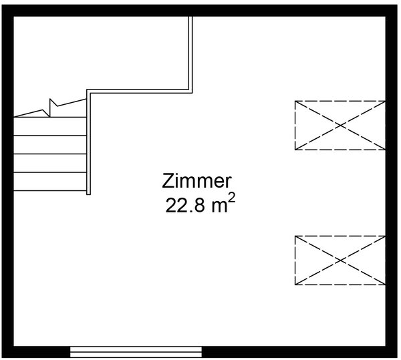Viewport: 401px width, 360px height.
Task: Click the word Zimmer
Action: pos(196,181)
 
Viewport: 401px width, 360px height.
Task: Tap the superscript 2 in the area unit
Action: pos(231,198)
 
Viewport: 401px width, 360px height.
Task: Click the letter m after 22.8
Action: pos(219,207)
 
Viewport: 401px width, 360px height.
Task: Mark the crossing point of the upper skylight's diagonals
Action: pos(340,125)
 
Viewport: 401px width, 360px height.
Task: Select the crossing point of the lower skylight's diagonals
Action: pos(340,260)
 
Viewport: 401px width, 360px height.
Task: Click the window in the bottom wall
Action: pos(136,351)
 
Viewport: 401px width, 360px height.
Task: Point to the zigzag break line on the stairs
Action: pos(50,108)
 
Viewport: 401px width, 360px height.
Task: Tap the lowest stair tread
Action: pos(50,182)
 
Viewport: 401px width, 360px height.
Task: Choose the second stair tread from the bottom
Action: pos(50,163)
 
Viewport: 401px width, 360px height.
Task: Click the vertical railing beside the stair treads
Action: pos(88,142)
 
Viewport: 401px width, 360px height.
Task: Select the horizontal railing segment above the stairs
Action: pos(140,92)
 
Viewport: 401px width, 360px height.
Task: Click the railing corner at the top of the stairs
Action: pos(88,92)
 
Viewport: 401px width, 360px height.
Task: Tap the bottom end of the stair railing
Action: pos(88,194)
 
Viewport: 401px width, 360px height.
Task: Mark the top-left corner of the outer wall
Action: pos(2,5)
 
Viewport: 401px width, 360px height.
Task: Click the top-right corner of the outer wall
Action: pos(398,5)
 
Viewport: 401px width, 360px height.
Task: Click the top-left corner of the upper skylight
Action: pos(295,101)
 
